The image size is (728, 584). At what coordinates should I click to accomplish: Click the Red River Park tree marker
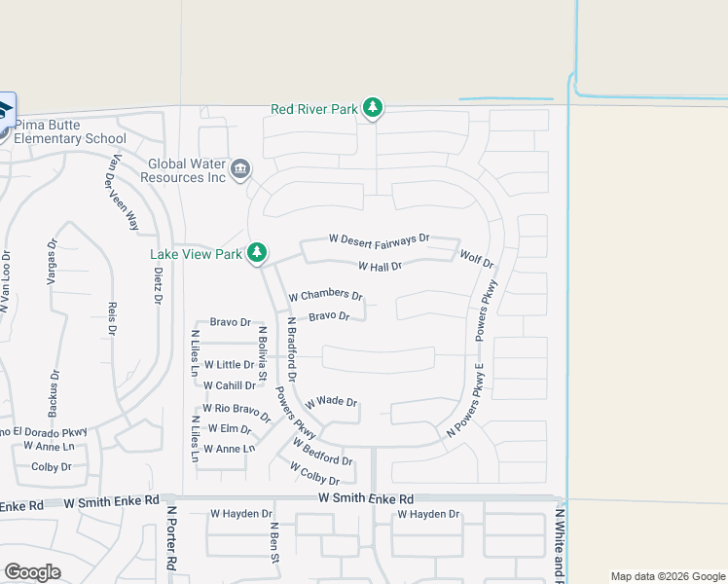372,109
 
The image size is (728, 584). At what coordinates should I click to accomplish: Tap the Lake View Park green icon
257,254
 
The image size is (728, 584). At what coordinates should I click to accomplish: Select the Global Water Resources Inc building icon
240,170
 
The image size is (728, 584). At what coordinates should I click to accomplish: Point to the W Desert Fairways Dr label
379,238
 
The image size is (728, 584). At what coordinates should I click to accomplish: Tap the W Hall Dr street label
380,266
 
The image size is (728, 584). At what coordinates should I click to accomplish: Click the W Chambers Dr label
326,296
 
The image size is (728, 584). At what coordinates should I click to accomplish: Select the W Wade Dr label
332,403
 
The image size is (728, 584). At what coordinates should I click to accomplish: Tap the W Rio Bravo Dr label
237,409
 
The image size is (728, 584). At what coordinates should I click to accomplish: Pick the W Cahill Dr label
229,385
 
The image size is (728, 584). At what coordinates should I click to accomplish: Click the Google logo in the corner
32,572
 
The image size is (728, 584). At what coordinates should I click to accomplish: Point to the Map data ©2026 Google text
668,576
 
